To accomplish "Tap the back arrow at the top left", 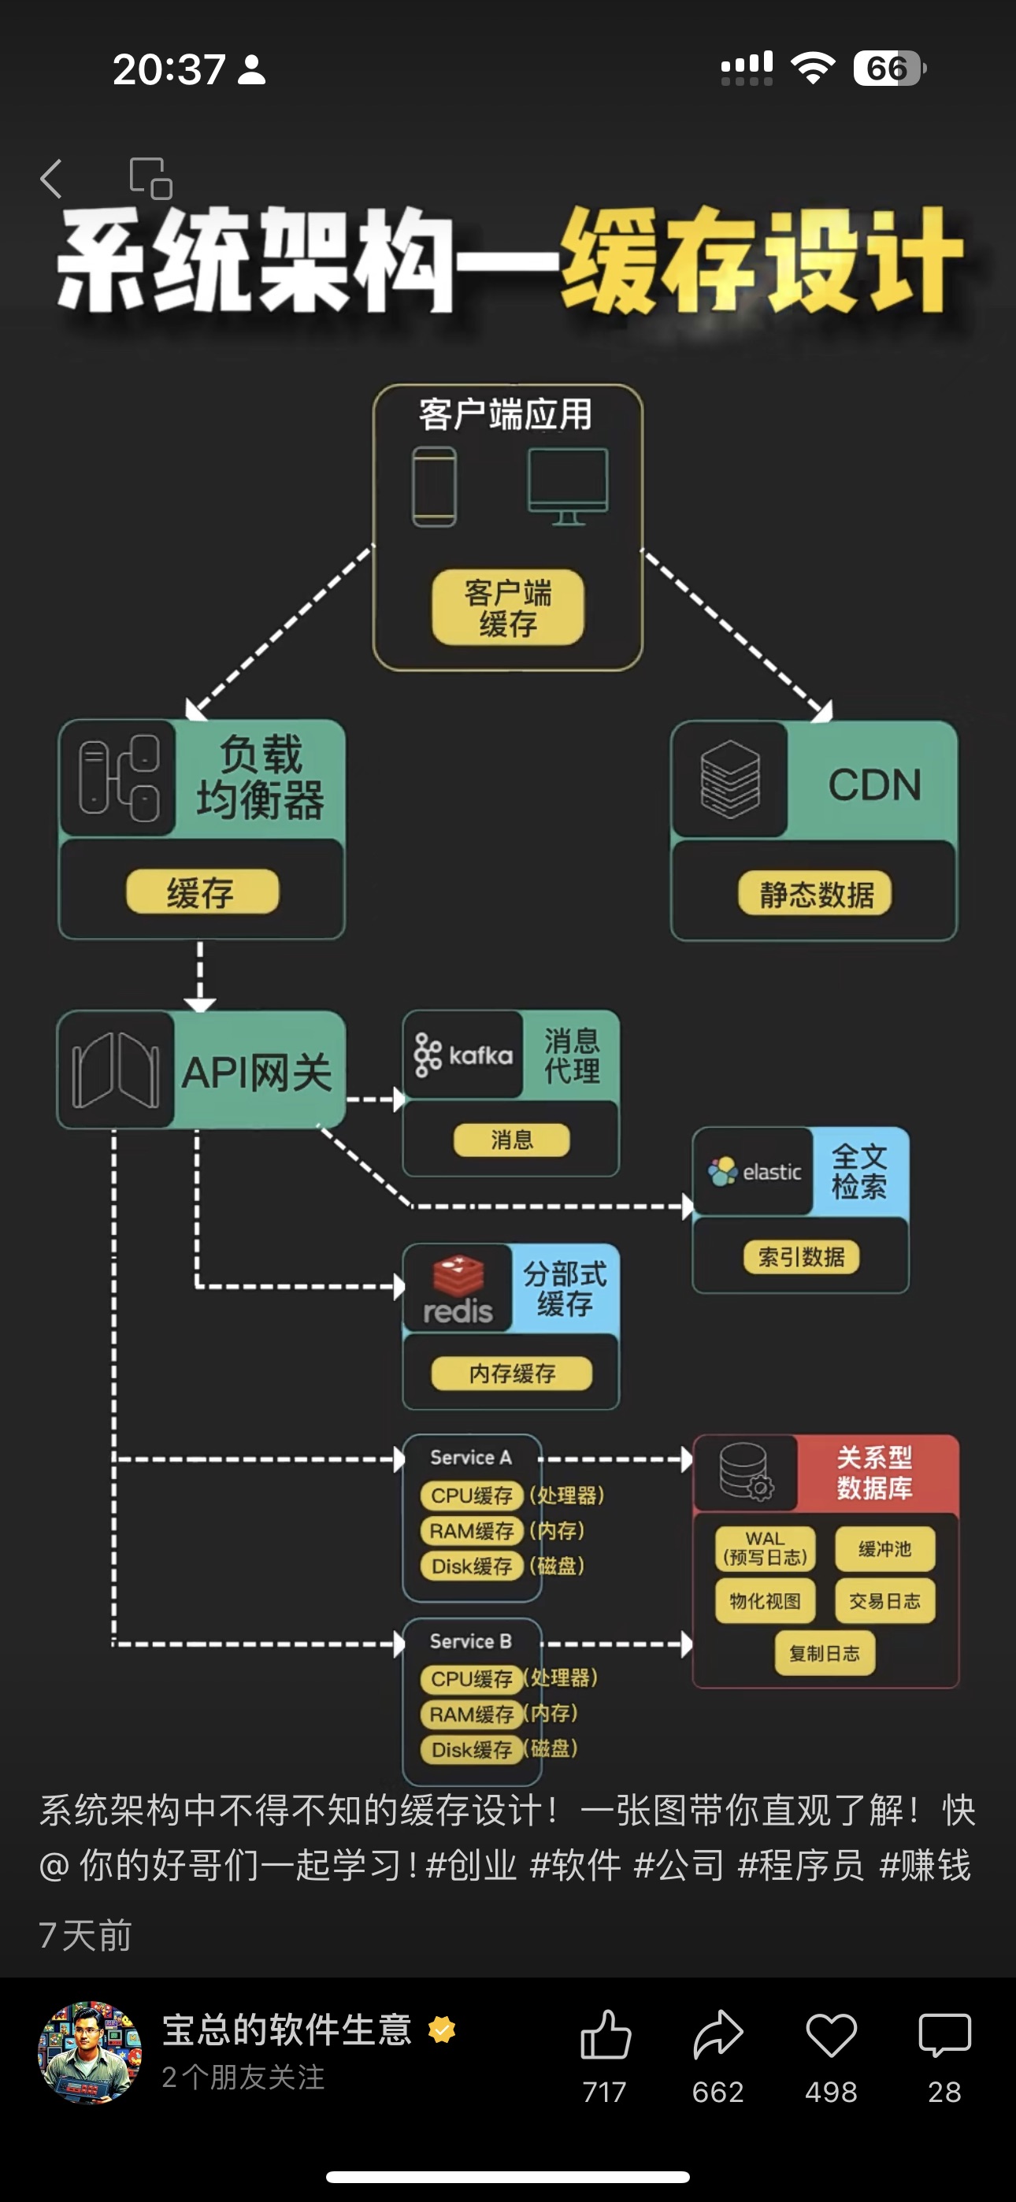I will [51, 179].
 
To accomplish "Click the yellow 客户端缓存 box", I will [508, 607].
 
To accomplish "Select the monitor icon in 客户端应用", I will [568, 484].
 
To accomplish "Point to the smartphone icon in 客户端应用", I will [435, 486].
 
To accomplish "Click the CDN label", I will [874, 784].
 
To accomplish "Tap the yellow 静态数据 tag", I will [815, 894].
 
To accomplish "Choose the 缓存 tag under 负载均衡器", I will [202, 892].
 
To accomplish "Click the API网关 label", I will [257, 1072].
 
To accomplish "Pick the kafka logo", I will [464, 1055].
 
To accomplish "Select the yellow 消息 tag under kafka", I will [511, 1140].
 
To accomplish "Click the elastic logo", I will [754, 1171].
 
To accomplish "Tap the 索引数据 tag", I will [801, 1257].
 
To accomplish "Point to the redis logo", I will [458, 1290].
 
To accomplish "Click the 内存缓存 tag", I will [511, 1373].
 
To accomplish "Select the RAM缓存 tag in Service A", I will [471, 1530].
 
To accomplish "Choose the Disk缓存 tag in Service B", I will [471, 1749].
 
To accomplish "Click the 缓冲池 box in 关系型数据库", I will [884, 1549].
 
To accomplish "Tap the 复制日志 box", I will [825, 1653].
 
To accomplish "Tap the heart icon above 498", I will [830, 2035].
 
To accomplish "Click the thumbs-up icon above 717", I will [606, 2034].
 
